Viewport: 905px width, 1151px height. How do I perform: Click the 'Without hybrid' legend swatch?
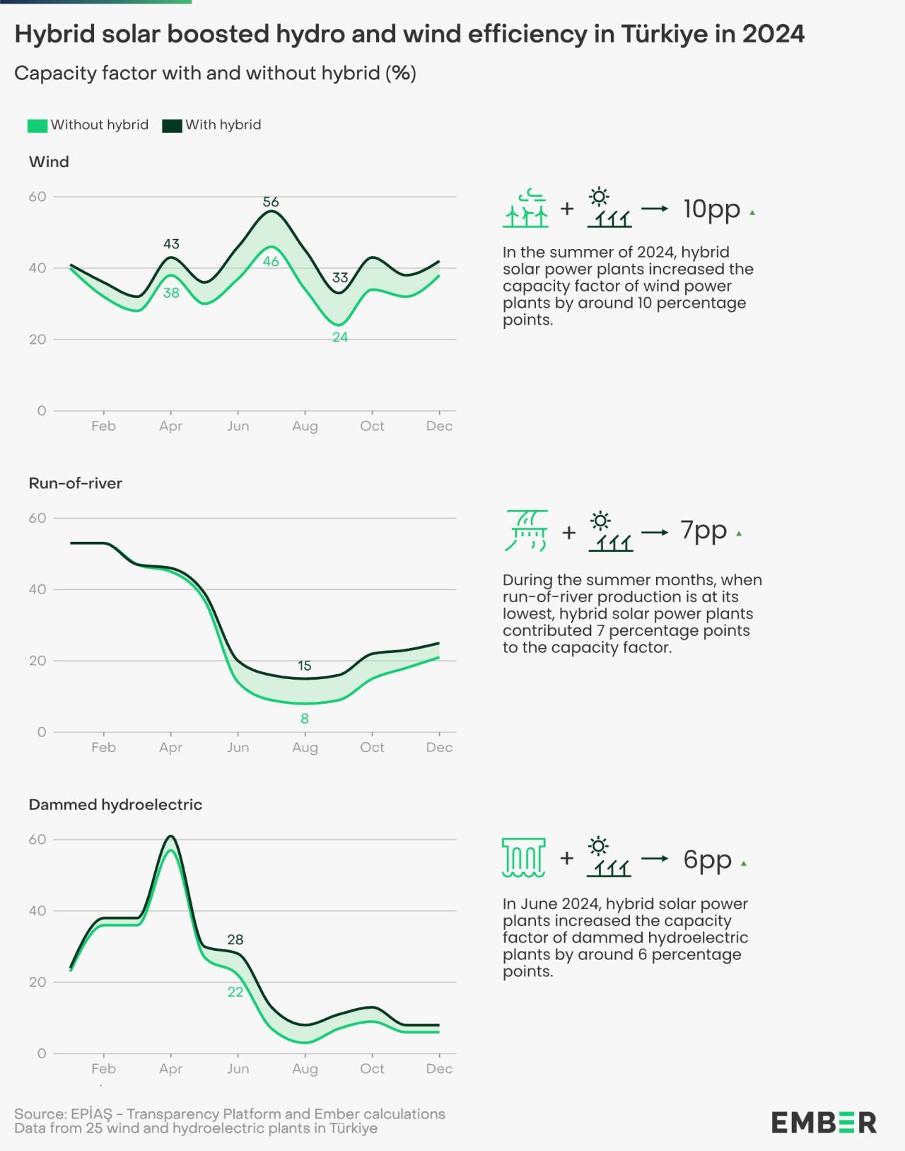(x=37, y=125)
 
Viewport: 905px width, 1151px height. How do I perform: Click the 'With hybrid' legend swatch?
(x=172, y=125)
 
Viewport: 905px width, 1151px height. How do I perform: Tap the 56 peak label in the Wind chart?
(x=271, y=202)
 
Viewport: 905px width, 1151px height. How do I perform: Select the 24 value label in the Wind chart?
(x=340, y=337)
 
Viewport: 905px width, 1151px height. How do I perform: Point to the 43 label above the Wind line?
(x=171, y=243)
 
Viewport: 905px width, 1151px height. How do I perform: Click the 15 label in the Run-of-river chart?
(x=305, y=666)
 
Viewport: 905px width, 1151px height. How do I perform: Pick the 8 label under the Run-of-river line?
(x=305, y=719)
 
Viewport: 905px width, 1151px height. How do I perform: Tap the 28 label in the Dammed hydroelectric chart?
(x=235, y=939)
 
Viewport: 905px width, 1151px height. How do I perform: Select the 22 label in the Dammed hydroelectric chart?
(x=235, y=992)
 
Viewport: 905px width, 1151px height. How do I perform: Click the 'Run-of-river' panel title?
(x=76, y=483)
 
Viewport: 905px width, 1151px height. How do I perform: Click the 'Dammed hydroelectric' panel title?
(x=115, y=804)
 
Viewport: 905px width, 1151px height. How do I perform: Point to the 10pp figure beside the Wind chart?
(x=711, y=209)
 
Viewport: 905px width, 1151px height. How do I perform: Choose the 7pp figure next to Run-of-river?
(x=703, y=530)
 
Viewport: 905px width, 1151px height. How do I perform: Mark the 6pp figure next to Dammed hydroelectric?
(x=707, y=859)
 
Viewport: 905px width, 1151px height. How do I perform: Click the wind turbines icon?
(x=525, y=209)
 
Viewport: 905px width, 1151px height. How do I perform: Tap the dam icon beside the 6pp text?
(x=523, y=857)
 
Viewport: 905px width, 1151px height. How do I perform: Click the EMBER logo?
(x=824, y=1122)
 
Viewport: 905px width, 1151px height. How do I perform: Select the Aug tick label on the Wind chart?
(x=305, y=426)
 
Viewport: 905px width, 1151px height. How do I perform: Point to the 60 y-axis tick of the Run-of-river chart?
(x=37, y=518)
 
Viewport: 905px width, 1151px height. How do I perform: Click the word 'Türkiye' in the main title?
(x=665, y=34)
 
